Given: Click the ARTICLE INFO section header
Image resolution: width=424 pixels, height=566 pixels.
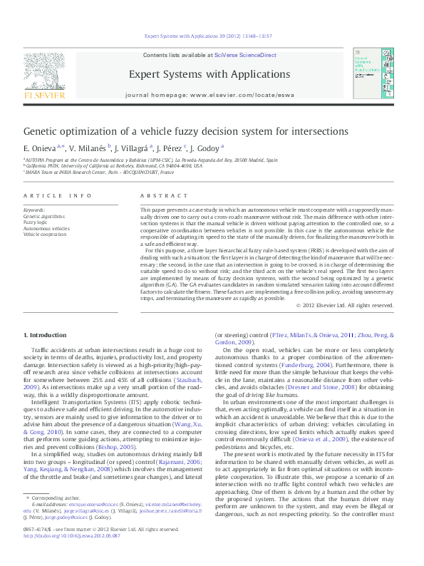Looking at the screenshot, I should tap(57, 195).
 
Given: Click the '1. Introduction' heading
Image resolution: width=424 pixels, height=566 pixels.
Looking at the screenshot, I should tap(45, 335).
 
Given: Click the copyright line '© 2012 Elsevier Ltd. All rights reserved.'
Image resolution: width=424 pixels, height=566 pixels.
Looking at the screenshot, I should tap(344, 305).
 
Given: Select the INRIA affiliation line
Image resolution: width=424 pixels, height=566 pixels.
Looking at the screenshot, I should tap(100, 173).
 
